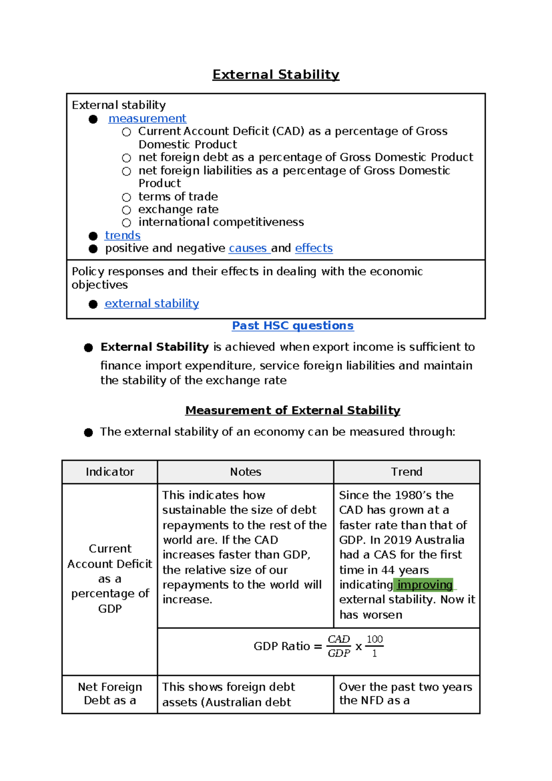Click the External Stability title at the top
[x=276, y=75]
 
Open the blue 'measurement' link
[x=147, y=119]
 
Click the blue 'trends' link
[x=122, y=235]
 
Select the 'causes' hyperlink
[x=248, y=248]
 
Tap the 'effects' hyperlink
[x=314, y=248]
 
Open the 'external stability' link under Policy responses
[x=152, y=303]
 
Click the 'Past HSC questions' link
[x=293, y=326]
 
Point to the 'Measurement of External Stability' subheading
[x=293, y=410]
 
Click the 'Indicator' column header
[x=109, y=472]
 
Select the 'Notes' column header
[x=245, y=472]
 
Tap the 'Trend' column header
[x=406, y=472]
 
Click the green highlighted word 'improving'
[x=425, y=585]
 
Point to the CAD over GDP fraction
[x=339, y=646]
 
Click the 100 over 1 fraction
[x=374, y=646]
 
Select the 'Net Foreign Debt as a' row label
[x=109, y=694]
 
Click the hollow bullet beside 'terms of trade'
[x=126, y=197]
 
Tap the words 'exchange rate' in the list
[x=178, y=210]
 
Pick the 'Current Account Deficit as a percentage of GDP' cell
[x=109, y=578]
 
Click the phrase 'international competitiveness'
[x=221, y=222]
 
